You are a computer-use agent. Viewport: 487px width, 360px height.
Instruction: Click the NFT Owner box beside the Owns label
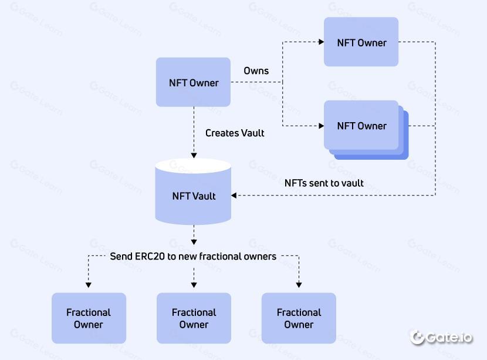tap(193, 82)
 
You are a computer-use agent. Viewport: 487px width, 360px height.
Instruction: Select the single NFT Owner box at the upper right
tap(361, 42)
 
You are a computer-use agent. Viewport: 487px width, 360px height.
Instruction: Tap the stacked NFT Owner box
tap(361, 126)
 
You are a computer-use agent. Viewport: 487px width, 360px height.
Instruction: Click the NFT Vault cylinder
tap(193, 194)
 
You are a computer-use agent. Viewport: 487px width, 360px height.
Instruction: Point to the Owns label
tap(256, 71)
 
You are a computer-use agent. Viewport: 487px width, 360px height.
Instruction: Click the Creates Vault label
tap(235, 133)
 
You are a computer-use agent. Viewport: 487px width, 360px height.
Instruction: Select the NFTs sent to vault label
tap(324, 183)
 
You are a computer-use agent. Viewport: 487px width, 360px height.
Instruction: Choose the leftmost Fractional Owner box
tap(89, 318)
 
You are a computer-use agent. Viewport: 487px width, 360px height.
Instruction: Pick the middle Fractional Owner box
tap(194, 318)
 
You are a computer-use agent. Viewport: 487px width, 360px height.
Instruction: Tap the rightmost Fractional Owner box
tap(299, 318)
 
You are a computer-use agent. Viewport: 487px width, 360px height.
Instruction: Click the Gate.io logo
tap(441, 337)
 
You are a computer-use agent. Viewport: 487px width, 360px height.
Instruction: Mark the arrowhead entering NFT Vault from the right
tap(235, 195)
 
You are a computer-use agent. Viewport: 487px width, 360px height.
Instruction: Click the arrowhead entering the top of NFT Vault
tap(194, 155)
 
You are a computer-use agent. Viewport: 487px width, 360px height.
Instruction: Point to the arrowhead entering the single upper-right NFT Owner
tap(321, 42)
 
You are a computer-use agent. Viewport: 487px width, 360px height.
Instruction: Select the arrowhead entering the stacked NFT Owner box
tap(321, 126)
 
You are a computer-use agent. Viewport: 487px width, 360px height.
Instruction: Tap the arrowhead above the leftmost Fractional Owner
tap(89, 285)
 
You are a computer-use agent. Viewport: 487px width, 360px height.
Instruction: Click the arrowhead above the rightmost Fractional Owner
tap(299, 285)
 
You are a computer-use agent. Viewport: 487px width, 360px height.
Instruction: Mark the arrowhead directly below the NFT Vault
tap(194, 241)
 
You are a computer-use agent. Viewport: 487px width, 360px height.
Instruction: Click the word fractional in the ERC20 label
tap(219, 257)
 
